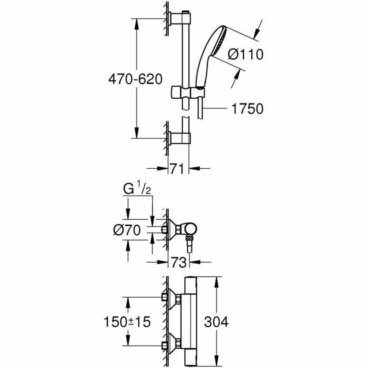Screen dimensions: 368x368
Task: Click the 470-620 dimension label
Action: click(x=135, y=79)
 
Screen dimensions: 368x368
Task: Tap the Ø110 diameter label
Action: click(x=246, y=55)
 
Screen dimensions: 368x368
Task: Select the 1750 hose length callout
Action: click(x=247, y=109)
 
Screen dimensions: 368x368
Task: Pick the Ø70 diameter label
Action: click(x=126, y=229)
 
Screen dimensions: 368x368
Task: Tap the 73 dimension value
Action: click(x=179, y=263)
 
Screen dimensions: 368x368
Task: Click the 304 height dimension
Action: click(x=217, y=322)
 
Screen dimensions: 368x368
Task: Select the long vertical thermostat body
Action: click(x=190, y=322)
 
